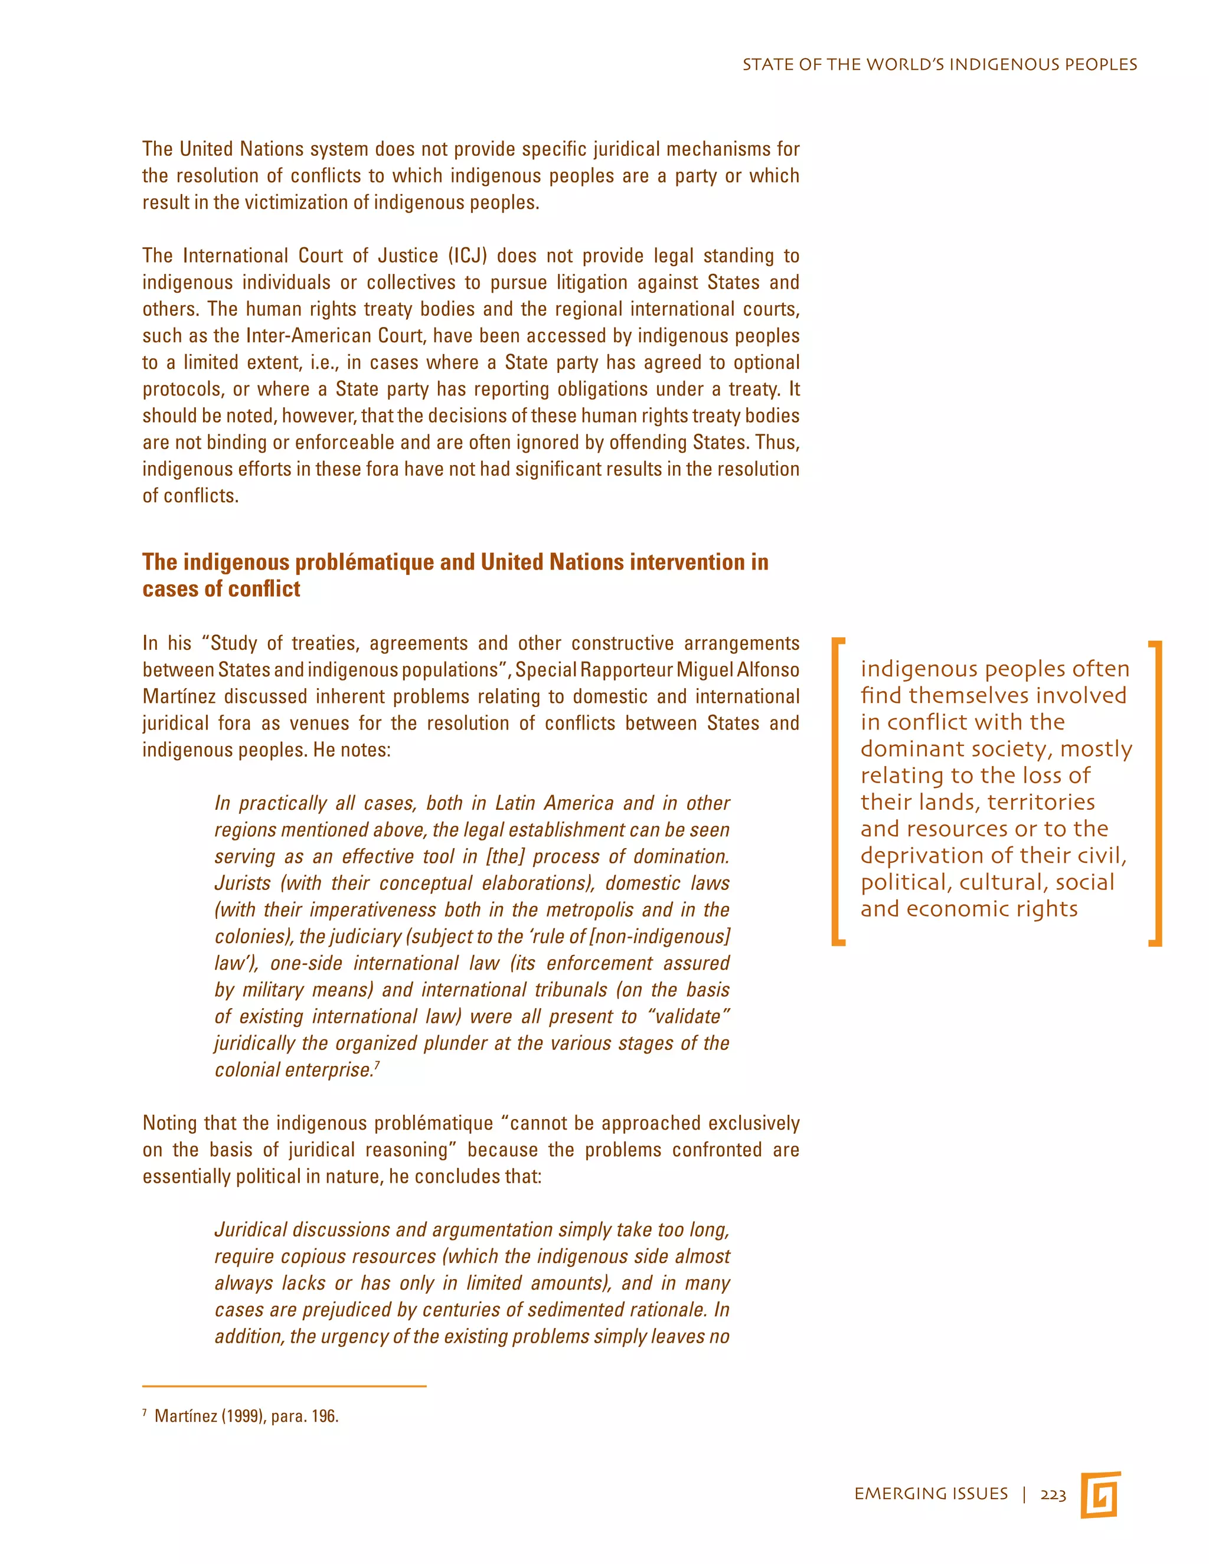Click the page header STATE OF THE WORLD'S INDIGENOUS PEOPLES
pos(939,64)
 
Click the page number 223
pos(1053,1494)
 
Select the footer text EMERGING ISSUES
pos(930,1494)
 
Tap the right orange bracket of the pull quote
pos(1155,793)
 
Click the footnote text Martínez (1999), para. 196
pos(246,1416)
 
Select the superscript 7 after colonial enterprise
pos(377,1065)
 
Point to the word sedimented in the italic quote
pos(574,1310)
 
